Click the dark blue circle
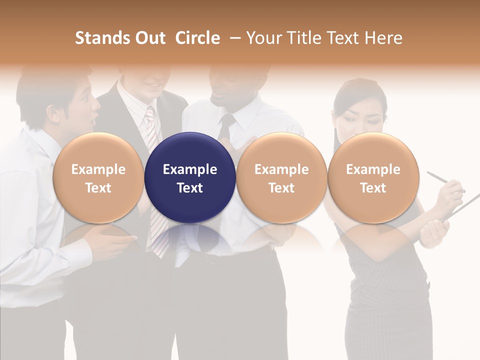pyautogui.click(x=190, y=177)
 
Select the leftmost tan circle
pyautogui.click(x=98, y=177)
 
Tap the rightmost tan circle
pyautogui.click(x=373, y=177)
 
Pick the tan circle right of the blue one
pyautogui.click(x=281, y=177)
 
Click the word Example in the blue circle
pyautogui.click(x=190, y=169)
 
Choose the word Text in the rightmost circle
pyautogui.click(x=373, y=188)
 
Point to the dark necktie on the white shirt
pyautogui.click(x=226, y=125)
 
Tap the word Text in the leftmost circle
pyautogui.click(x=98, y=188)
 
